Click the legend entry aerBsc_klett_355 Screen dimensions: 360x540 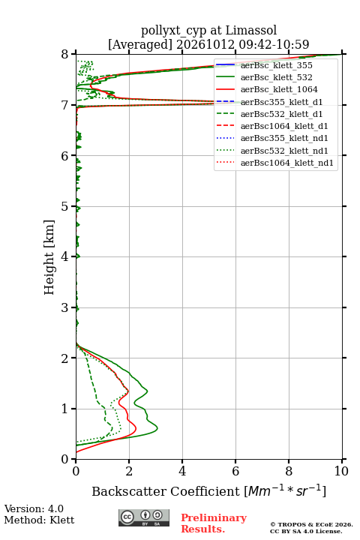263,65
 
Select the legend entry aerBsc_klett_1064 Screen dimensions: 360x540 266,89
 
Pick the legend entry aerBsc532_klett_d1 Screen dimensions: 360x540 268,114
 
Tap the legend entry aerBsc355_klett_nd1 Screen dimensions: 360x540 271,138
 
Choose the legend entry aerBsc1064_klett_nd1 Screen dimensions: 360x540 274,163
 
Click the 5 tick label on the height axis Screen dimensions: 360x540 65,207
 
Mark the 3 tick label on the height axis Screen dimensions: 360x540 65,307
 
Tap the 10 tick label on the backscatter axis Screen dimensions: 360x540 341,471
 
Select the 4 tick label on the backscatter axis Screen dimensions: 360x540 182,471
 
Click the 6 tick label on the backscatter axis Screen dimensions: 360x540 235,471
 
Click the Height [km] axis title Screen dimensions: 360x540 49,257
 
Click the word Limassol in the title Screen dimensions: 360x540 250,31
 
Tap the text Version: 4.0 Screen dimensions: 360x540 34,508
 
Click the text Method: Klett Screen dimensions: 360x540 39,520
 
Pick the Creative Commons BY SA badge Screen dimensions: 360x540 144,518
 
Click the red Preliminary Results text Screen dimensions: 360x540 214,523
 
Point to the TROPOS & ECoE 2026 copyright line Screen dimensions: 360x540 311,524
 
